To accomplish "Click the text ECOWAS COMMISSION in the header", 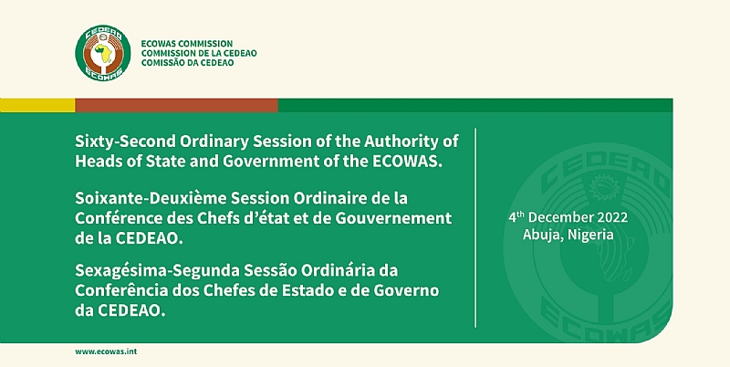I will coord(187,43).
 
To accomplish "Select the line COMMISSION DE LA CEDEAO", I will coord(199,53).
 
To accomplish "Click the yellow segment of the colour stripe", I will coord(37,105).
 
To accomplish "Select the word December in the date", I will coord(559,219).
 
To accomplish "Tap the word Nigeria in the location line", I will coord(588,235).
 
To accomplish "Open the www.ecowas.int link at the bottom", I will coord(107,351).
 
